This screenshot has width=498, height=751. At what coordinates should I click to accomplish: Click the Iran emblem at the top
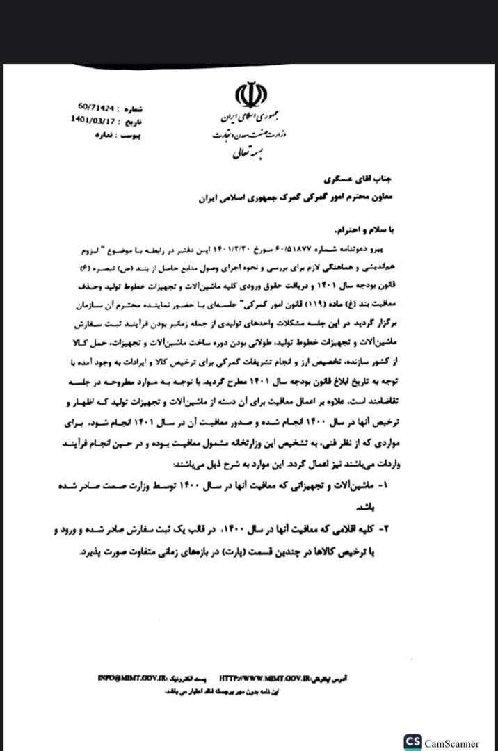(x=248, y=95)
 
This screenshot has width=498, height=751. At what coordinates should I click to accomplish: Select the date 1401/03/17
(x=94, y=120)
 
